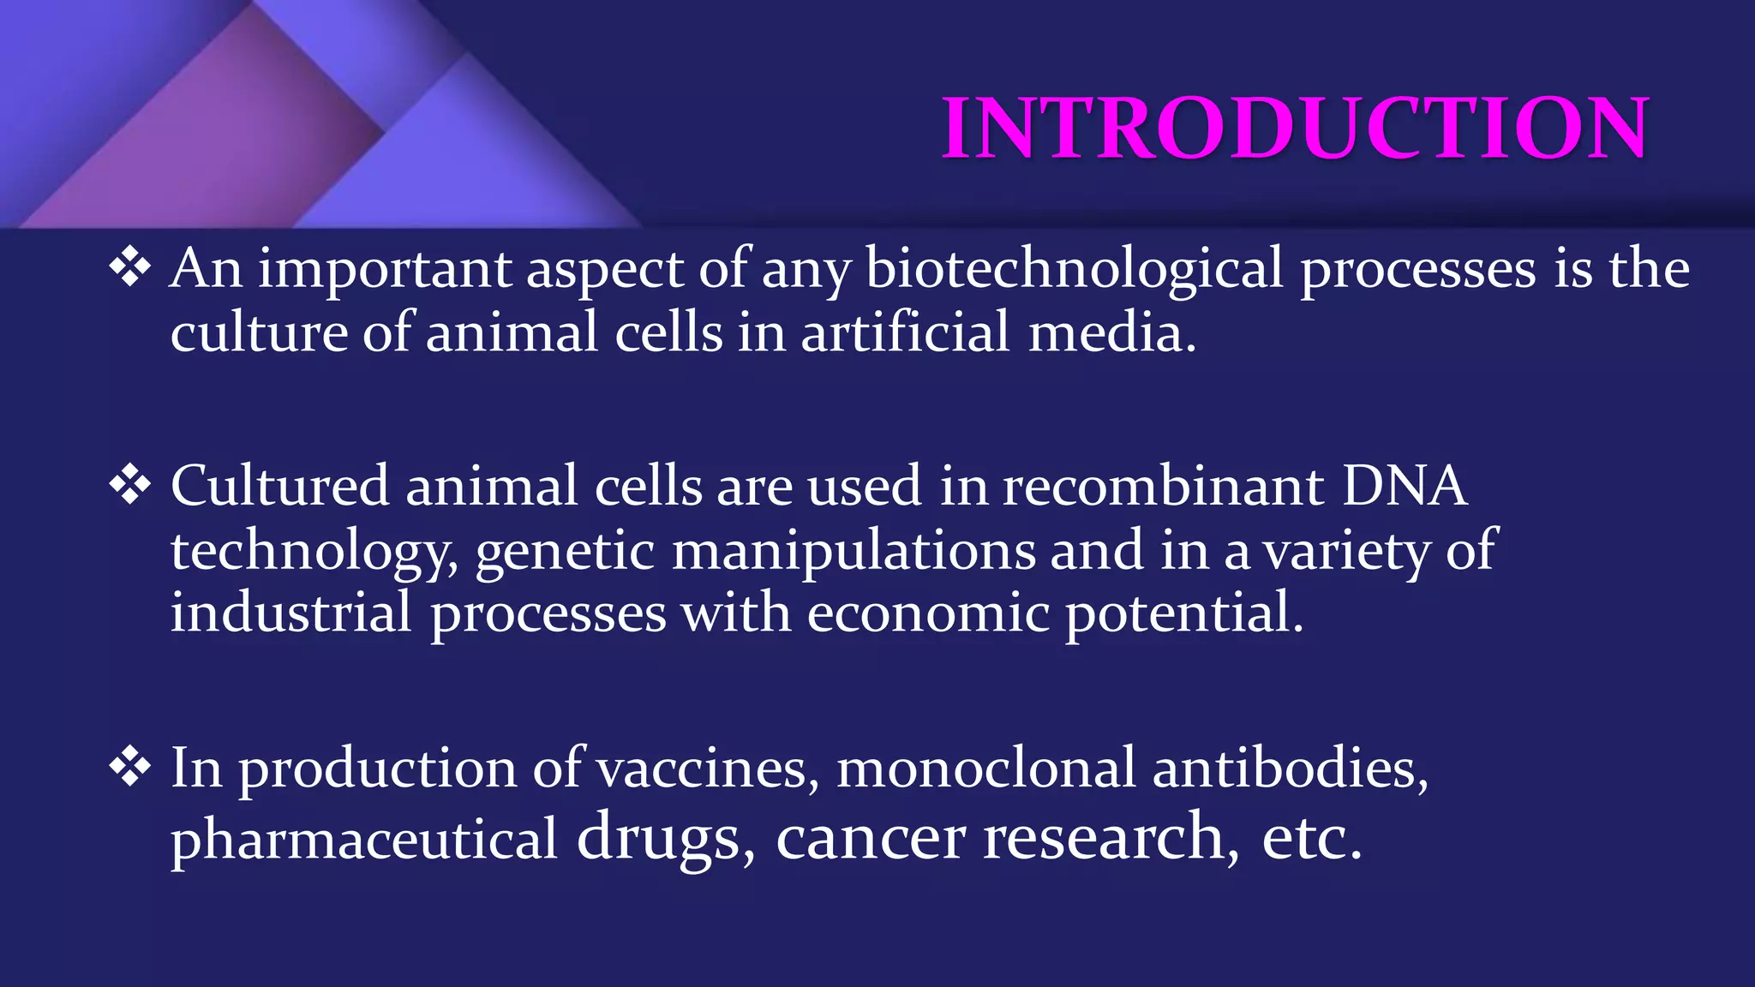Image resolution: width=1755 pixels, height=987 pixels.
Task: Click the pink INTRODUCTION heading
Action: [x=1294, y=129]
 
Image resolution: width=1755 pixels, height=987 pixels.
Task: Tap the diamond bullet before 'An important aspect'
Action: [x=130, y=268]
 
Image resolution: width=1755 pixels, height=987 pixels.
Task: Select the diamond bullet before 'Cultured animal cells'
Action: [x=130, y=486]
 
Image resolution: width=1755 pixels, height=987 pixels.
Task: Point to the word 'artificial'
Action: [x=905, y=332]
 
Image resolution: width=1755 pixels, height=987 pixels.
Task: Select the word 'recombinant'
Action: [x=1163, y=486]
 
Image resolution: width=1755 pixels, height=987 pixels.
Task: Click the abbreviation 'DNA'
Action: [x=1405, y=486]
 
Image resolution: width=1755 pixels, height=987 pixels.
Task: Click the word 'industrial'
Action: [x=291, y=613]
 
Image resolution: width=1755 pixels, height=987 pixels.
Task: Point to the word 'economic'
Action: [x=928, y=613]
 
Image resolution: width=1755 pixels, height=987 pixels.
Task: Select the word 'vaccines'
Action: [x=702, y=768]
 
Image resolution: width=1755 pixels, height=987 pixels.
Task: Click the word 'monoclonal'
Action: [x=986, y=768]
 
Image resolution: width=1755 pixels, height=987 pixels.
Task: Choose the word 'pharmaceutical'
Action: [x=364, y=838]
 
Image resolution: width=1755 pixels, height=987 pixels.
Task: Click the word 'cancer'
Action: [x=870, y=838]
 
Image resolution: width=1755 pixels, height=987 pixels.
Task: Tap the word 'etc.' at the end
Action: [x=1310, y=838]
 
